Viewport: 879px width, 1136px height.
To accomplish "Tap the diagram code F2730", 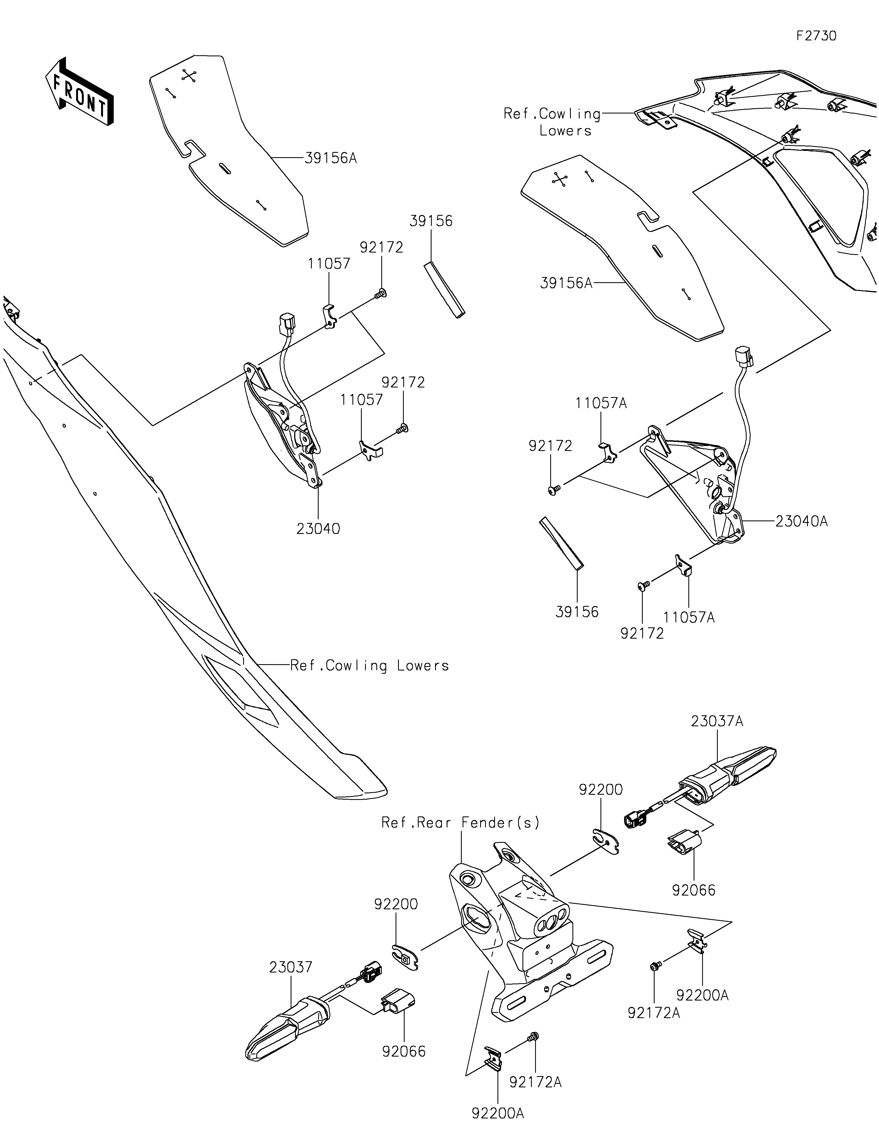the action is pos(817,36).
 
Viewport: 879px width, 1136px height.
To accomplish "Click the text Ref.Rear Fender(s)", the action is pos(461,822).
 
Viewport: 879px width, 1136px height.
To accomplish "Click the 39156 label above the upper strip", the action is pos(431,221).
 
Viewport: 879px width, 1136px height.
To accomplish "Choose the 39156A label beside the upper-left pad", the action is pos(331,158).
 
